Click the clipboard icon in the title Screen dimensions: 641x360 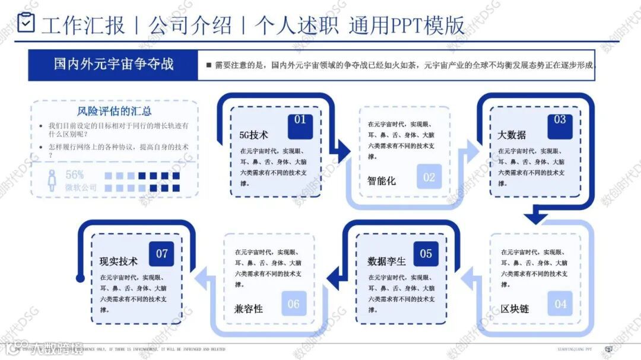pyautogui.click(x=26, y=23)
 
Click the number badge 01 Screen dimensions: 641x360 pyautogui.click(x=300, y=120)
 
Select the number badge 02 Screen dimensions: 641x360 pyautogui.click(x=429, y=177)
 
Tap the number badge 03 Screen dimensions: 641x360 pyautogui.click(x=560, y=120)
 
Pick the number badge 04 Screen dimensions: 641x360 pyautogui.click(x=560, y=304)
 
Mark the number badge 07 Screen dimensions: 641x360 pyautogui.click(x=161, y=254)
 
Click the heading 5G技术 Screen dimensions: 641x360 pyautogui.click(x=253, y=135)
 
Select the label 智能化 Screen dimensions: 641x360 pyautogui.click(x=382, y=180)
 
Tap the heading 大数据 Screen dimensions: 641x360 pyautogui.click(x=512, y=135)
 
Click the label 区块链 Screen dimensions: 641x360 pyautogui.click(x=515, y=309)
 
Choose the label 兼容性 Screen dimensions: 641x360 pyautogui.click(x=249, y=309)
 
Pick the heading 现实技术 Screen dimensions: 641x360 pyautogui.click(x=119, y=262)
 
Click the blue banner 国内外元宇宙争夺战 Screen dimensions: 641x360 pyautogui.click(x=113, y=64)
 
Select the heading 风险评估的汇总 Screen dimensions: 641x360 pyautogui.click(x=114, y=111)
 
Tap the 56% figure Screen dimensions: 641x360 pyautogui.click(x=75, y=175)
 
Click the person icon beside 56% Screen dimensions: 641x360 pyautogui.click(x=52, y=180)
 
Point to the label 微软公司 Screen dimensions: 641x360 pyautogui.click(x=81, y=188)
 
